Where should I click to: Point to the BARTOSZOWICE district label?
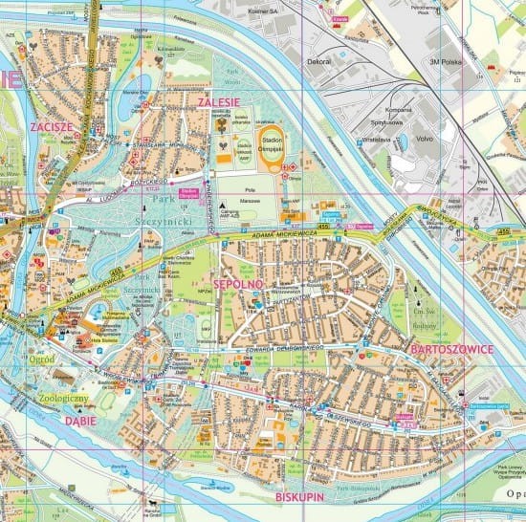[x=450, y=350]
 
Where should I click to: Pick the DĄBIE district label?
[x=82, y=418]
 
